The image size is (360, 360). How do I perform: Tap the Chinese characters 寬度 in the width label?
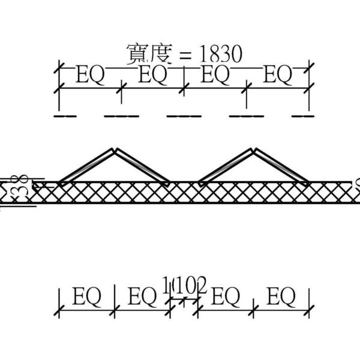pyautogui.click(x=149, y=54)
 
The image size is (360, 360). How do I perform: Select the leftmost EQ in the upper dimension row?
pyautogui.click(x=90, y=76)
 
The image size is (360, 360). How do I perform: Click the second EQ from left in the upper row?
pyautogui.click(x=153, y=76)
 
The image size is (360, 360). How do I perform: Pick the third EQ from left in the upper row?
pyautogui.click(x=215, y=76)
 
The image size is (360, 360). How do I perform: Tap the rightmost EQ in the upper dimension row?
pyautogui.click(x=278, y=76)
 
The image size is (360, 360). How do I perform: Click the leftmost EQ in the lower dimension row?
pyautogui.click(x=86, y=296)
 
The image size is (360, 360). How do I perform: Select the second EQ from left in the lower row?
pyautogui.click(x=143, y=296)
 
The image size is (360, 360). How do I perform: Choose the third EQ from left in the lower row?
pyautogui.click(x=226, y=296)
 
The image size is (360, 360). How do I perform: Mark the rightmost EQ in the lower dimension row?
pyautogui.click(x=281, y=296)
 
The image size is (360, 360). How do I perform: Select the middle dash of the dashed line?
pyautogui.click(x=184, y=116)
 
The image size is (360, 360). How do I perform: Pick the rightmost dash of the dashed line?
pyautogui.click(x=302, y=116)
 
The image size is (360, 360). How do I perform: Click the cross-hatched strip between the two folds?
pyautogui.click(x=184, y=192)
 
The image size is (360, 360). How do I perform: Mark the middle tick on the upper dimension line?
pyautogui.click(x=184, y=89)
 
